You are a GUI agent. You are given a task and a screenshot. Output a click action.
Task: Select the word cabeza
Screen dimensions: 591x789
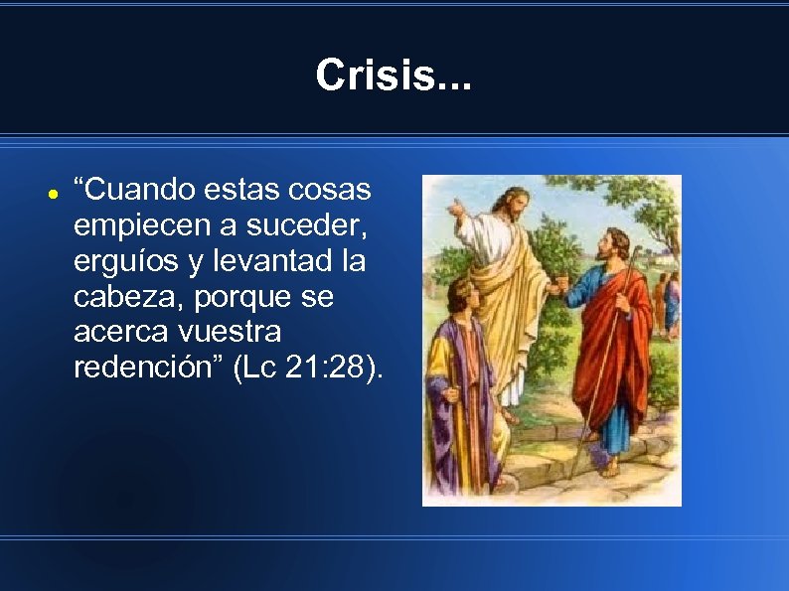pos(120,297)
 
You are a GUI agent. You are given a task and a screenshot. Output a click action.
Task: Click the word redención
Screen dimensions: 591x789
pos(147,368)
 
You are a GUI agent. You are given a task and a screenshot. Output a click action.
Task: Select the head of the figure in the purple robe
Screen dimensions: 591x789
pos(463,296)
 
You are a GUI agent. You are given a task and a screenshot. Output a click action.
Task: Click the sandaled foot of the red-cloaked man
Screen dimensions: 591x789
pos(608,467)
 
